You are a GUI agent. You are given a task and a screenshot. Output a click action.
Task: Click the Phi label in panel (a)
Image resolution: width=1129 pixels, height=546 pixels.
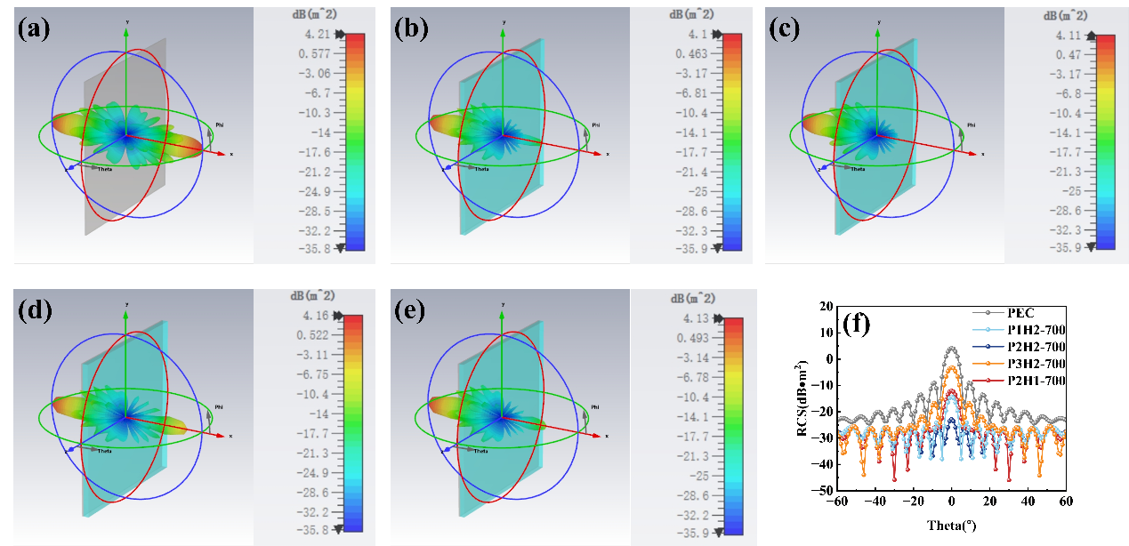[220, 124]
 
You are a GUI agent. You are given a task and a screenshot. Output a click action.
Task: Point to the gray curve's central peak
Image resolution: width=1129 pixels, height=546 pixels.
[953, 348]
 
